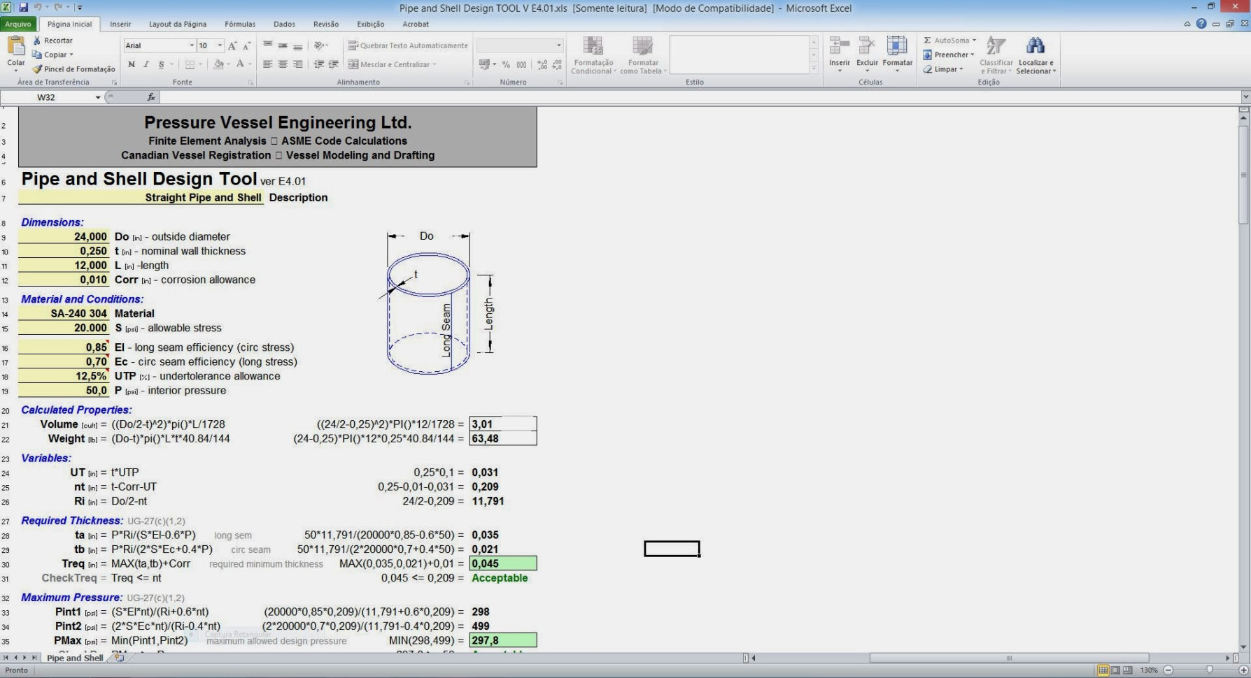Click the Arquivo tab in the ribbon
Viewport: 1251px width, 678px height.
coord(18,24)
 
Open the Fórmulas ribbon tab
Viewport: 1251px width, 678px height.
coord(239,24)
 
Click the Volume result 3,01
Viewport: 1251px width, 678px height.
coord(502,424)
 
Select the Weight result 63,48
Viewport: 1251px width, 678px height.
coord(502,439)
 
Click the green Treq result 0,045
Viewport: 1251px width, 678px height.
coord(502,563)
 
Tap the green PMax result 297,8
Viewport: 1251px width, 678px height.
coord(502,640)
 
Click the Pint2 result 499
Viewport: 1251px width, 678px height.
coord(481,626)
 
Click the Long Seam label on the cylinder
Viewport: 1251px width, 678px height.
coord(446,331)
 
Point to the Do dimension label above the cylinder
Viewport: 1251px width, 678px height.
coord(427,236)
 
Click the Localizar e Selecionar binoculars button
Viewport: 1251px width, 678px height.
coord(1036,55)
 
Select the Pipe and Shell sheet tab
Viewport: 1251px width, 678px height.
coord(74,658)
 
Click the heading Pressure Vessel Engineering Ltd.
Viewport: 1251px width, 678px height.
coord(278,122)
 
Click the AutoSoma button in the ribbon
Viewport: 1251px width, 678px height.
coord(950,41)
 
